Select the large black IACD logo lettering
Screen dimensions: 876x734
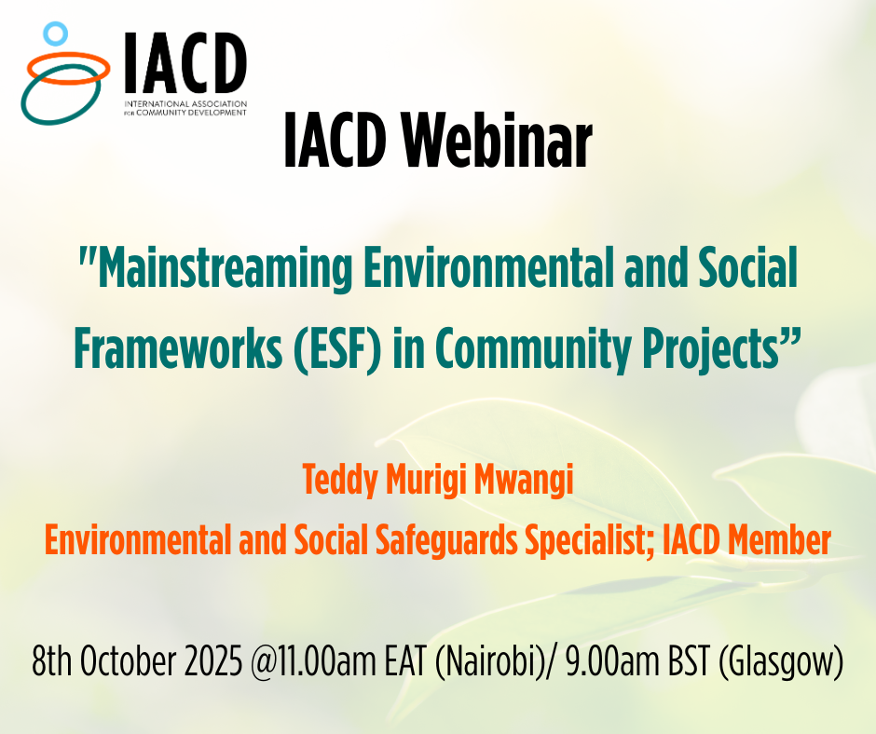[185, 62]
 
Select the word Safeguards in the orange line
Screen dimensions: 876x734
[446, 541]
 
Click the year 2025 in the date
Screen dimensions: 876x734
[213, 660]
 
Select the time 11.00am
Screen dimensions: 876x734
[313, 661]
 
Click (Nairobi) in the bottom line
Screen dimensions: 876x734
[486, 662]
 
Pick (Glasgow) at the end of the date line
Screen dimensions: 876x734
[780, 662]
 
